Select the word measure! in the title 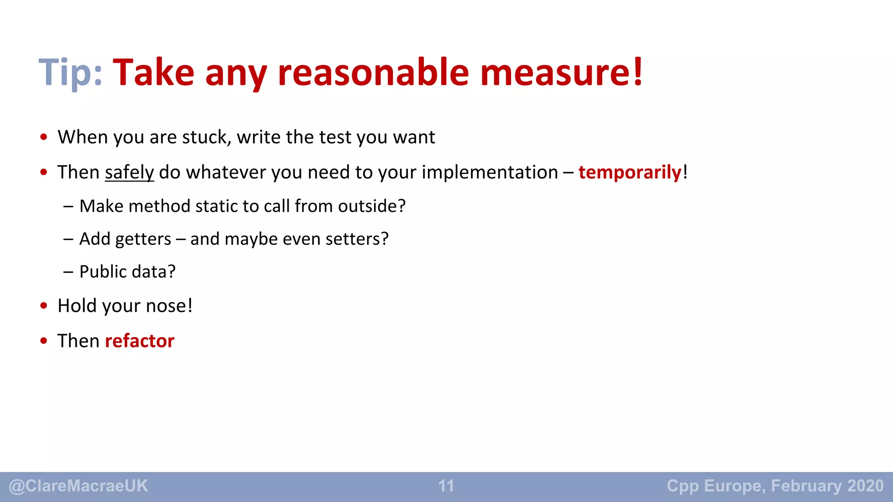pyautogui.click(x=561, y=72)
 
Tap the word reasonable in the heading pyautogui.click(x=373, y=72)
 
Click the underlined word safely pyautogui.click(x=130, y=173)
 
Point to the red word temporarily pyautogui.click(x=630, y=173)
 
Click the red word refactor pyautogui.click(x=140, y=341)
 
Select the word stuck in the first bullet pyautogui.click(x=206, y=137)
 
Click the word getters pyautogui.click(x=143, y=239)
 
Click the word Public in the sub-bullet pyautogui.click(x=103, y=272)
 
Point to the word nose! pyautogui.click(x=169, y=306)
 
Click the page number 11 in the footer pyautogui.click(x=446, y=486)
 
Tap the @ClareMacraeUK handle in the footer pyautogui.click(x=78, y=486)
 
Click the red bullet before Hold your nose pyautogui.click(x=44, y=306)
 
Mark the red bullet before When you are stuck pyautogui.click(x=44, y=137)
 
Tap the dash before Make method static pyautogui.click(x=68, y=206)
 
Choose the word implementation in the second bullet pyautogui.click(x=490, y=173)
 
